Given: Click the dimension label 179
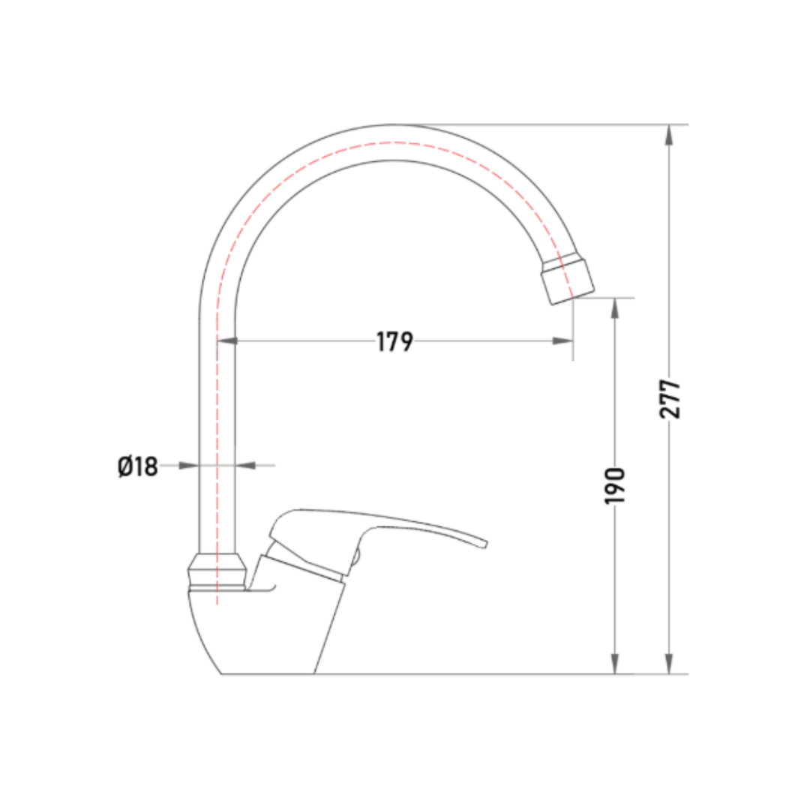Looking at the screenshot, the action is pos(394,341).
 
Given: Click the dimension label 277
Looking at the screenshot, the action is pos(670,399).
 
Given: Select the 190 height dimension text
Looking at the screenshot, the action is pos(615,485).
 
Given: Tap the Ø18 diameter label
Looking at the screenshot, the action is pos(137,466).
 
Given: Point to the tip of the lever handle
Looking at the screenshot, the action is pos(485,544).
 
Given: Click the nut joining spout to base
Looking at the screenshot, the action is pos(217,571).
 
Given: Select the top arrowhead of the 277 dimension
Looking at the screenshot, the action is pos(669,134).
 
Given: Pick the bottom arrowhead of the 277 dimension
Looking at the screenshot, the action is pos(669,664).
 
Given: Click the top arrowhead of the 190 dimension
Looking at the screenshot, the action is pos(615,308).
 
